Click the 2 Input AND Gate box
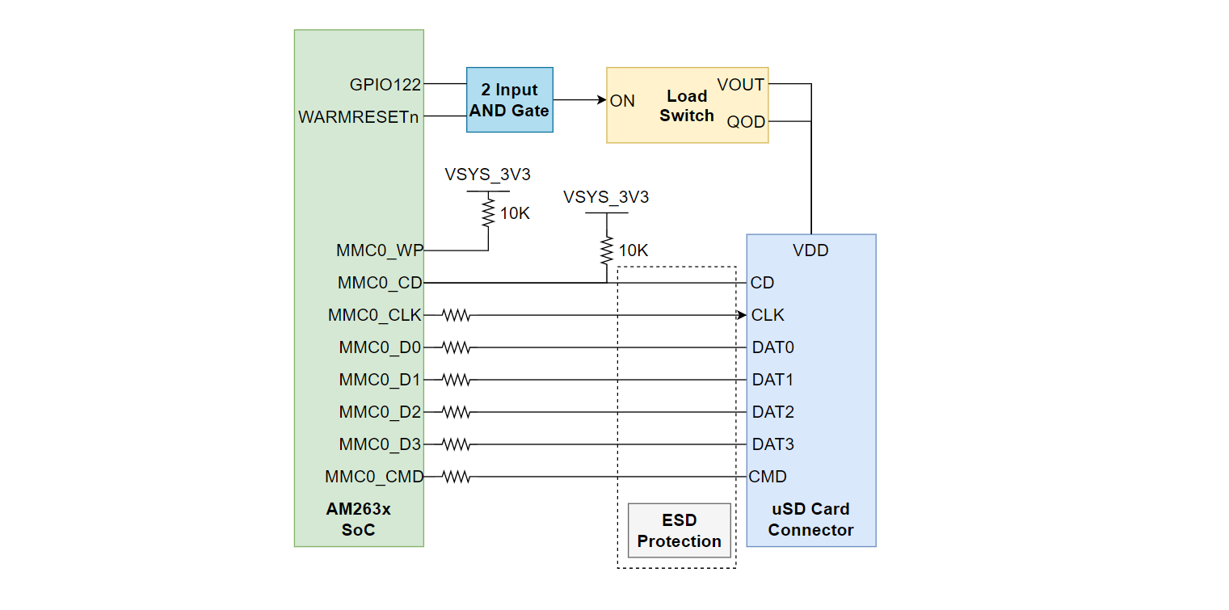pyautogui.click(x=509, y=100)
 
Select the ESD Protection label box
pyautogui.click(x=679, y=531)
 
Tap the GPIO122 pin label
pyautogui.click(x=385, y=84)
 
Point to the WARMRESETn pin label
pyautogui.click(x=359, y=117)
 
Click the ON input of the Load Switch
pyautogui.click(x=623, y=101)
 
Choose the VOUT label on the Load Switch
pyautogui.click(x=740, y=84)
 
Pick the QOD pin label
pyautogui.click(x=746, y=122)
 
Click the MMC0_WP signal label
pyautogui.click(x=379, y=250)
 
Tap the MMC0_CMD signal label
pyautogui.click(x=373, y=477)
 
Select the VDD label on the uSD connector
pyautogui.click(x=810, y=250)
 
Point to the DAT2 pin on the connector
pyautogui.click(x=772, y=412)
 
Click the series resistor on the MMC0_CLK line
pyautogui.click(x=456, y=315)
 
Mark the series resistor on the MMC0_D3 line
pyautogui.click(x=456, y=444)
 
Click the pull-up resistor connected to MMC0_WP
pyautogui.click(x=488, y=212)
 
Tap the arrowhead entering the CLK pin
pyautogui.click(x=742, y=315)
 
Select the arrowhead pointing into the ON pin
pyautogui.click(x=601, y=100)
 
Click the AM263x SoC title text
pyautogui.click(x=358, y=520)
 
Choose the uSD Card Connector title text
pyautogui.click(x=810, y=520)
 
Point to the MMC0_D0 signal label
pyautogui.click(x=380, y=347)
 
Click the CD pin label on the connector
pyautogui.click(x=762, y=283)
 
